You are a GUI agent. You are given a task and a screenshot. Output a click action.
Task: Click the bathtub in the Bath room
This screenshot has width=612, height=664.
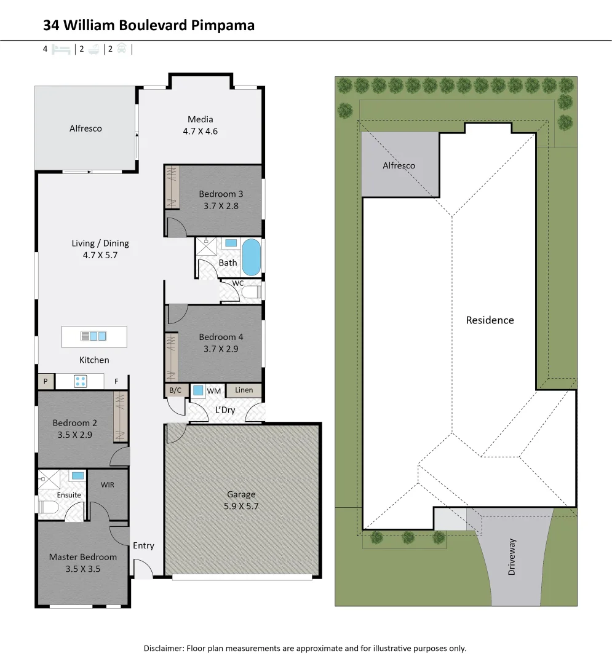(251, 258)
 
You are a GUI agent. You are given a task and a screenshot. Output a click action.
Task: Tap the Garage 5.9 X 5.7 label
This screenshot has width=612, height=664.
(241, 500)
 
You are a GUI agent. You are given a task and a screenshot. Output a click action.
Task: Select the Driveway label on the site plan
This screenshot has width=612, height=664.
(512, 557)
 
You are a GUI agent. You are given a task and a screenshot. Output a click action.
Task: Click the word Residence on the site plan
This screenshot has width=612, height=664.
(490, 320)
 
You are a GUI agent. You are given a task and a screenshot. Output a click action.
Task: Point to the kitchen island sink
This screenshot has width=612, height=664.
(93, 336)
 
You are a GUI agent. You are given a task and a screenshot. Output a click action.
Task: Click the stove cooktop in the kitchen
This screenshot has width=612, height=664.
(81, 381)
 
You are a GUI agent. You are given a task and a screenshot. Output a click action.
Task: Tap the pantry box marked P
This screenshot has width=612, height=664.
(46, 382)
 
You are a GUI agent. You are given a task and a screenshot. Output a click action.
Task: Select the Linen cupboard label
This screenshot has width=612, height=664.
(244, 390)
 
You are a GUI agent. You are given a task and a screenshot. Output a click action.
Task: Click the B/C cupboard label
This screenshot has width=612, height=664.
(175, 390)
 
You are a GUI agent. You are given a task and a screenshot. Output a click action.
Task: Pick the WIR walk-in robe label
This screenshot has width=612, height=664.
(108, 484)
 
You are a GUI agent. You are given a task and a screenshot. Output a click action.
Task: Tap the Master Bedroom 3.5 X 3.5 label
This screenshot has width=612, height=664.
(82, 563)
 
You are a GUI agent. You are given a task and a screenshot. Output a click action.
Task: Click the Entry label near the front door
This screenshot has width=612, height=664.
(143, 545)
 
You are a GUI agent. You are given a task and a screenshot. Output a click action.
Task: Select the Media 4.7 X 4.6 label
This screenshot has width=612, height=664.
(201, 125)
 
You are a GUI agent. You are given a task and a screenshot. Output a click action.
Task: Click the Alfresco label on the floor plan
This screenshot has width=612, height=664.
(85, 128)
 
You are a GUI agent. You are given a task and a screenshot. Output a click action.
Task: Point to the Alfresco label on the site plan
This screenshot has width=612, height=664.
(399, 165)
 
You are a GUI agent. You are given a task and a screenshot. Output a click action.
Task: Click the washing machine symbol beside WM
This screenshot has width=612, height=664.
(197, 390)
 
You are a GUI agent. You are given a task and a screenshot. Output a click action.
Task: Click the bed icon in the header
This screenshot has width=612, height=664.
(60, 49)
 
